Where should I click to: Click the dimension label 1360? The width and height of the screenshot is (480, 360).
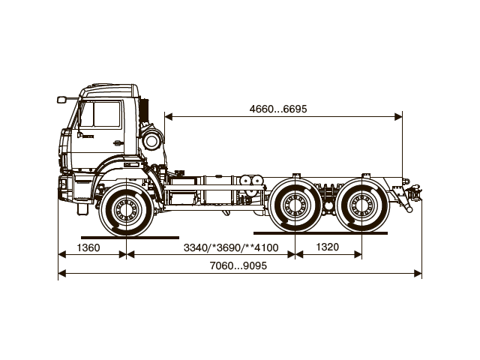[x=88, y=247]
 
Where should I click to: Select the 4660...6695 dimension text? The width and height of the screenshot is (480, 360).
[x=278, y=109]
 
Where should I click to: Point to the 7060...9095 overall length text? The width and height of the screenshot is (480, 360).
[x=239, y=266]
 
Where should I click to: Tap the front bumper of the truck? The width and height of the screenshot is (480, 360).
[x=67, y=186]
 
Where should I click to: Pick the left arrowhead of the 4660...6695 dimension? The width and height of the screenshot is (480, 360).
[x=167, y=116]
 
